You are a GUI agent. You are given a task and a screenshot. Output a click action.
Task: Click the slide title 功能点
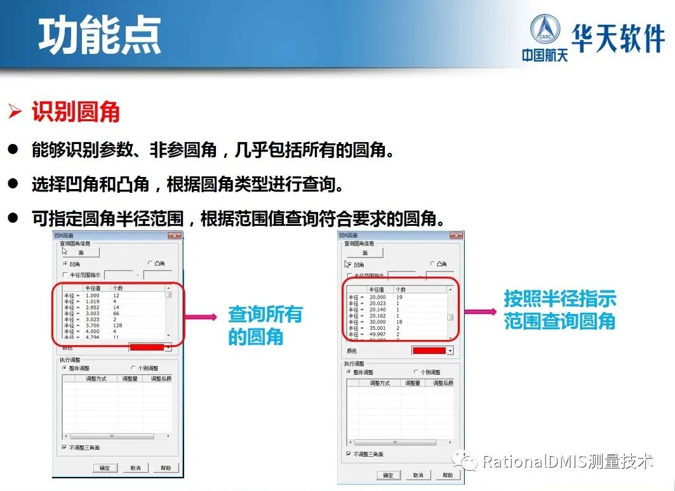pyautogui.click(x=100, y=35)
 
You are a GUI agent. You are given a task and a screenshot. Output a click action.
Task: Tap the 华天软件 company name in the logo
pyautogui.click(x=618, y=38)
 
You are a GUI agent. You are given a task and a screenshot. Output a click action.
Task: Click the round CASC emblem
pyautogui.click(x=544, y=31)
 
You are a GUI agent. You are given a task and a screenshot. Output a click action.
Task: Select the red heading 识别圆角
pyautogui.click(x=76, y=112)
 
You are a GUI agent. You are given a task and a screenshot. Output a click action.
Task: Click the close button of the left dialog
pyautogui.click(x=175, y=235)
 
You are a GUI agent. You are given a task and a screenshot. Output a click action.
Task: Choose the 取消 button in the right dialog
pyautogui.click(x=417, y=475)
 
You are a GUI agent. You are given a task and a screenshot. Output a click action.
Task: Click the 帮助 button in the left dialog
pyautogui.click(x=166, y=468)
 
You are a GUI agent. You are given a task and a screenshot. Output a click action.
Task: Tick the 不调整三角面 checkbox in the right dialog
pyautogui.click(x=349, y=454)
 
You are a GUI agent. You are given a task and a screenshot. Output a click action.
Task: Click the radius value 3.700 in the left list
pyautogui.click(x=93, y=325)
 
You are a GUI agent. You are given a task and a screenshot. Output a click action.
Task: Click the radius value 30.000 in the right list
pyautogui.click(x=377, y=322)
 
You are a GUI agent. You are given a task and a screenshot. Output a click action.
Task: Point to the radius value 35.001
pyautogui.click(x=377, y=328)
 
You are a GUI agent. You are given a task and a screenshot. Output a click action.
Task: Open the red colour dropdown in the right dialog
pyautogui.click(x=450, y=350)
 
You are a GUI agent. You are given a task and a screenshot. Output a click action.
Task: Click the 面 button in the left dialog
pyautogui.click(x=81, y=252)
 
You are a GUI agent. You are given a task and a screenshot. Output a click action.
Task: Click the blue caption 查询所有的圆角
pyautogui.click(x=265, y=325)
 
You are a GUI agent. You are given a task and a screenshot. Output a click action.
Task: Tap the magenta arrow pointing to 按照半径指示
pyautogui.click(x=480, y=311)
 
